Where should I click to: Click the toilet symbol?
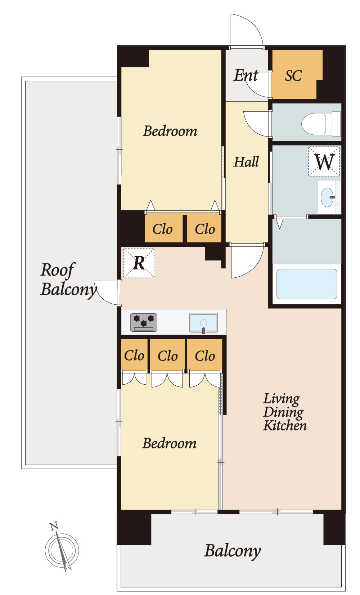click(321, 124)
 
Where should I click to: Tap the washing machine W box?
click(324, 161)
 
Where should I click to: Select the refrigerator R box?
click(139, 263)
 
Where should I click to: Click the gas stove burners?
click(144, 322)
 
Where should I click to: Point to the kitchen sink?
click(203, 323)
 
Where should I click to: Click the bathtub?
click(307, 284)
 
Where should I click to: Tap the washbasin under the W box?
click(327, 197)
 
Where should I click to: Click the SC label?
click(293, 76)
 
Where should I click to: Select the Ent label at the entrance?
click(246, 75)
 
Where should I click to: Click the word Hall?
click(246, 162)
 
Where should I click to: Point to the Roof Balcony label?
click(68, 280)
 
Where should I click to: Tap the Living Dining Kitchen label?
click(285, 412)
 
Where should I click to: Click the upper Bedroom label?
click(170, 131)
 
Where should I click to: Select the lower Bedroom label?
click(170, 443)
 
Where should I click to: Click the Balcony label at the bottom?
click(233, 551)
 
